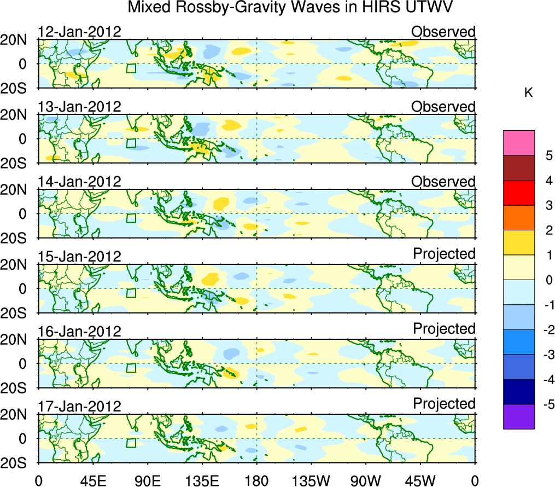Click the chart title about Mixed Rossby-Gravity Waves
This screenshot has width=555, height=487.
click(x=291, y=8)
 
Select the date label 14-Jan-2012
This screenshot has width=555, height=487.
click(x=79, y=182)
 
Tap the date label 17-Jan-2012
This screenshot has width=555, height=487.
click(x=79, y=407)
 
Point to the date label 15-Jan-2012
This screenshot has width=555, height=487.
click(x=79, y=257)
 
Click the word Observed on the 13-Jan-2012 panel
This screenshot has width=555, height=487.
click(x=443, y=107)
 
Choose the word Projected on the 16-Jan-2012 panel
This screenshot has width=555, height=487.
click(x=444, y=329)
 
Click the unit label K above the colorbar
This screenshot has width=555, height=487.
click(x=529, y=93)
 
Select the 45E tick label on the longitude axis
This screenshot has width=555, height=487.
click(x=92, y=480)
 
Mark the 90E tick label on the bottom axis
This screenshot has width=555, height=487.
click(x=147, y=480)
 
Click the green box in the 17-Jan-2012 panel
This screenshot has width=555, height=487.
click(x=131, y=443)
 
